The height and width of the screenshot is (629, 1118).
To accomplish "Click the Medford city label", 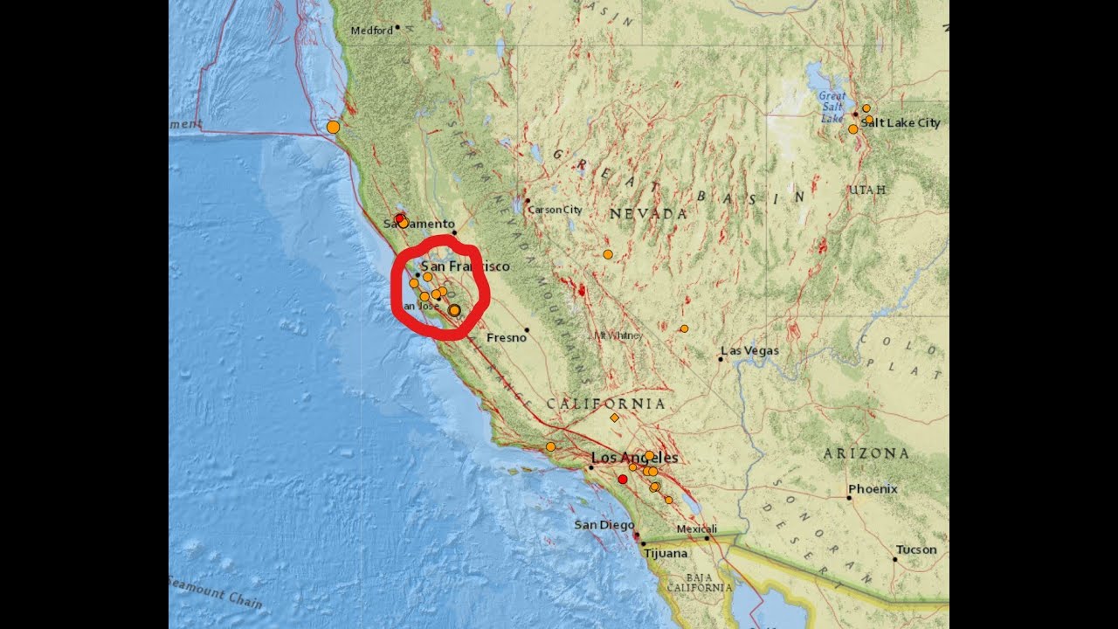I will [x=371, y=31].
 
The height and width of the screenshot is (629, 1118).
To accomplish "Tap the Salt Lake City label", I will [x=901, y=123].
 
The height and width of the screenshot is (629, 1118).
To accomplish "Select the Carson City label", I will [x=556, y=210].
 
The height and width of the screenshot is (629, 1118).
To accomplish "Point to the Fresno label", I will [x=506, y=337].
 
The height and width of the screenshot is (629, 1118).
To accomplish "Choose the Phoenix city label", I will [x=873, y=489].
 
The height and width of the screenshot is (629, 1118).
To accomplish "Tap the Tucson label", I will [x=916, y=550].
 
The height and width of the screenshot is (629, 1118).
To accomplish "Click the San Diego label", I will [x=604, y=525].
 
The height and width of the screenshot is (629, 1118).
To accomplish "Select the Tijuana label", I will [x=666, y=553].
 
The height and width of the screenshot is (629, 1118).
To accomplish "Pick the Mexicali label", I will [x=697, y=529].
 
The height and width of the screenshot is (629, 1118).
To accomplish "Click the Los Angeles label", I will [x=635, y=458].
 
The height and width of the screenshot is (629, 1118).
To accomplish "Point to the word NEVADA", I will [x=648, y=214].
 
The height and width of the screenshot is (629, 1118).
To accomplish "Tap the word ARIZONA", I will [x=866, y=453].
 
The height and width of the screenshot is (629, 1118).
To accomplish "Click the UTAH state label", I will [x=867, y=190].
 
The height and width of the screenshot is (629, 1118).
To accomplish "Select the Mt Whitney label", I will [x=618, y=335].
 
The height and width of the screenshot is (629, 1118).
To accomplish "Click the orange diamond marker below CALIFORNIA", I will [x=615, y=418].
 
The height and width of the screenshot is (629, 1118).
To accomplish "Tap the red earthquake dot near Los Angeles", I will [x=623, y=479].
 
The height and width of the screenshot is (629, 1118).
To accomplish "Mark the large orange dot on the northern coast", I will [x=333, y=127].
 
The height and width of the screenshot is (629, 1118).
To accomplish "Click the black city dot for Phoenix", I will [x=849, y=498].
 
